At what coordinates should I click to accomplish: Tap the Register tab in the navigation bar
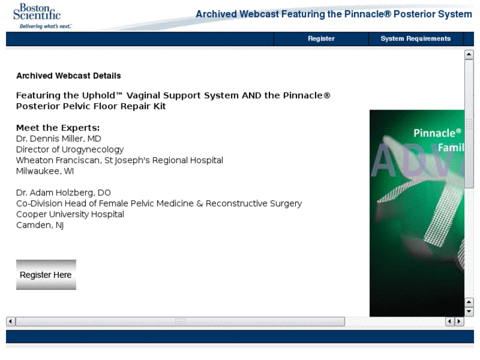coord(321,38)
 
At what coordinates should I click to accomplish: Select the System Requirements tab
coord(415,38)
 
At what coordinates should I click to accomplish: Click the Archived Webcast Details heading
coord(69,76)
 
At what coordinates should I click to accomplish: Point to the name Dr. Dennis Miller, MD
coord(59,139)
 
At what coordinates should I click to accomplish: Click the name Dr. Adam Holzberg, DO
coord(63,193)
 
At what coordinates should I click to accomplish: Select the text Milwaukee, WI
coord(45,171)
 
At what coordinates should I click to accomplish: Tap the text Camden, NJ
coord(40,225)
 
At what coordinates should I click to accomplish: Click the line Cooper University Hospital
coord(70,214)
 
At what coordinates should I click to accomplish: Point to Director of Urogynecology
coord(70,149)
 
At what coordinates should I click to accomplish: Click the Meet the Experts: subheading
coord(58,127)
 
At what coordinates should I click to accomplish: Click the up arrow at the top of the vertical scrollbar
coord(469,55)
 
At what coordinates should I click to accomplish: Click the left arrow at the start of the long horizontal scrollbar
coord(11,322)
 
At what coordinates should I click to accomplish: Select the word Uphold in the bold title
coord(98,96)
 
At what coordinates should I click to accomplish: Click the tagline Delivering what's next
coord(46,26)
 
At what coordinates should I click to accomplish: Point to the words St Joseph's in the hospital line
coord(127,161)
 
